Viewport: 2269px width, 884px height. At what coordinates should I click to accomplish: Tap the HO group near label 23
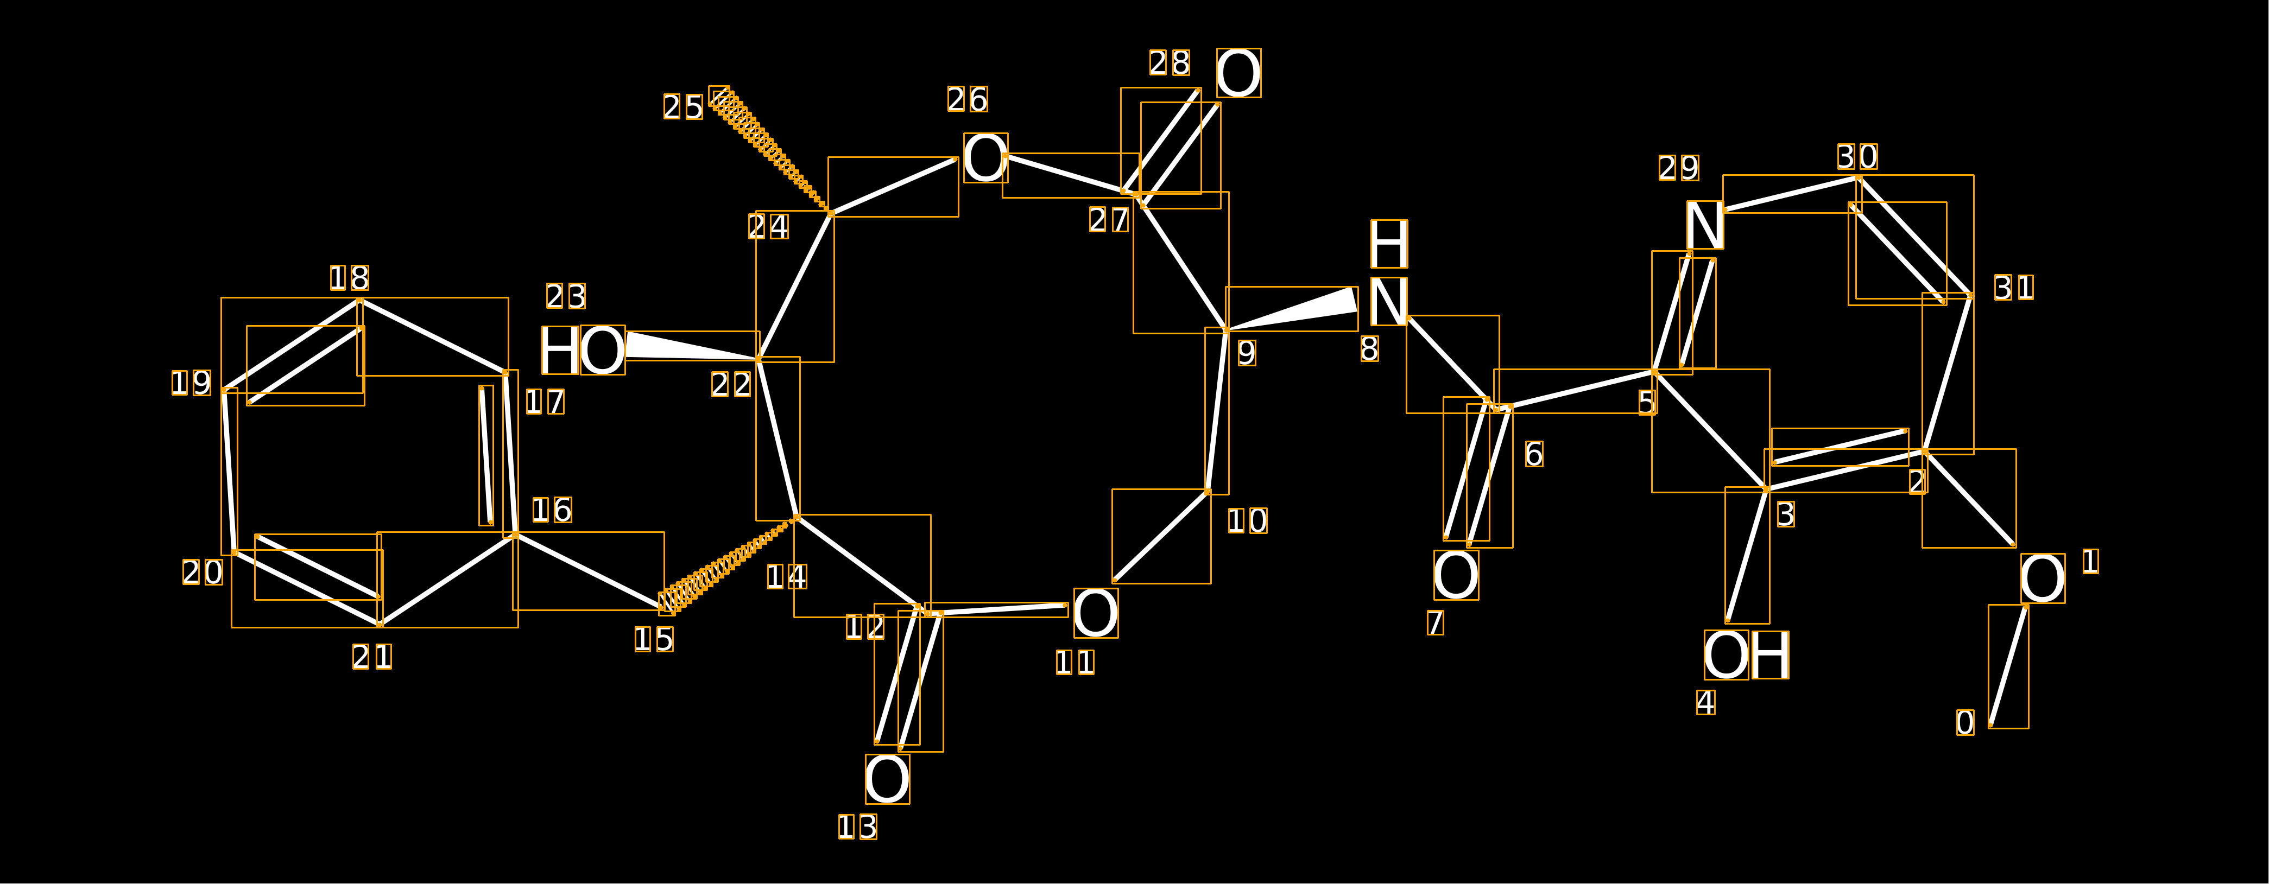tap(582, 351)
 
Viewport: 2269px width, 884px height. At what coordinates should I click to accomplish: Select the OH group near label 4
tap(1746, 655)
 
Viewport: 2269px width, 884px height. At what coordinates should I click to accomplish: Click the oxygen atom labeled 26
tap(985, 158)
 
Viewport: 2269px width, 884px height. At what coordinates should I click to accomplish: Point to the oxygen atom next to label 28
tap(1238, 73)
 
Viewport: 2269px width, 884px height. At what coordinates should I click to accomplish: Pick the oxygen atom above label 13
tap(887, 779)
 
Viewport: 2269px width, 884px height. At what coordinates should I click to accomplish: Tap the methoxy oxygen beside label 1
tap(2043, 578)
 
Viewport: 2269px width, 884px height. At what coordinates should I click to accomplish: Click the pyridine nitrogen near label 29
tap(1704, 225)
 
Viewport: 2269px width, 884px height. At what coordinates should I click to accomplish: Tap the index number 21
tap(372, 657)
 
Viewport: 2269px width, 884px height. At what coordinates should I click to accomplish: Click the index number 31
tap(2014, 288)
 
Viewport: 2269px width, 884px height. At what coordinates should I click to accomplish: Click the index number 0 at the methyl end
tap(1965, 723)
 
